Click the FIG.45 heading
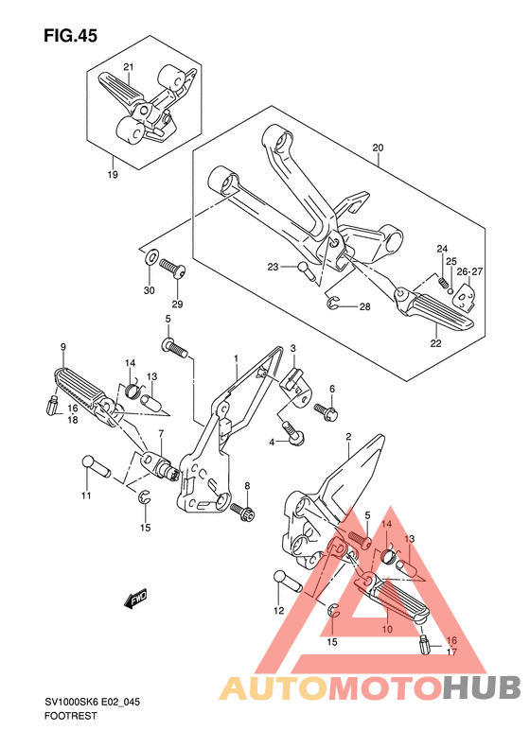click(x=71, y=35)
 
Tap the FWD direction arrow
click(x=135, y=599)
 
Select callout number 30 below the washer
click(x=149, y=290)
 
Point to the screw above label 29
click(x=172, y=268)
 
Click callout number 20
click(x=378, y=148)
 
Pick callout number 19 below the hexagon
click(x=113, y=175)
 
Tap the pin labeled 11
click(x=96, y=466)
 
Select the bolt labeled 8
click(x=242, y=512)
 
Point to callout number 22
click(x=435, y=343)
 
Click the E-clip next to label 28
click(x=333, y=303)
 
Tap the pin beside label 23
click(x=304, y=271)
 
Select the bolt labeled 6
click(x=327, y=411)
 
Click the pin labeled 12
click(x=288, y=581)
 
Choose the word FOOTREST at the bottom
click(x=70, y=716)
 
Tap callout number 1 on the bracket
click(x=236, y=357)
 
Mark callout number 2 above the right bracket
click(x=348, y=436)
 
